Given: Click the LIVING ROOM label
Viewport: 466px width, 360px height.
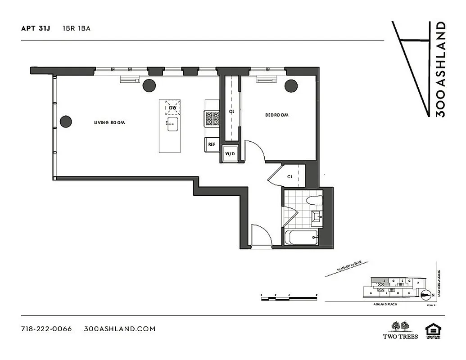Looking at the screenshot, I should point(109,122).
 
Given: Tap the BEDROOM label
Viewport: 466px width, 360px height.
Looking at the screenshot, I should point(276,115).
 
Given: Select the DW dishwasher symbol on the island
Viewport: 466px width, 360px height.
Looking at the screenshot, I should point(172,108).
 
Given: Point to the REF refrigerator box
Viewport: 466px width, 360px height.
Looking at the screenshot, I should point(211,144).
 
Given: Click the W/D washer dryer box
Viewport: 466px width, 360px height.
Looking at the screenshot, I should point(229,154).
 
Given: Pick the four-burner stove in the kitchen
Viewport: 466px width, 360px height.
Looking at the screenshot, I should point(212,118).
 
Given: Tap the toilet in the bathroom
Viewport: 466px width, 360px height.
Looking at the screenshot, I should point(314,201).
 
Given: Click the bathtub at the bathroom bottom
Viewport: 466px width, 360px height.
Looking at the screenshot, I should point(301,237).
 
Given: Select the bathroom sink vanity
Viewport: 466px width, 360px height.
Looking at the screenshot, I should point(317,218).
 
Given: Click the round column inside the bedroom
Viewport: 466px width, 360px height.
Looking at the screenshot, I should point(291,85).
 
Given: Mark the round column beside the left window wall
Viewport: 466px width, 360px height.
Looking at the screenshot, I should point(66,121).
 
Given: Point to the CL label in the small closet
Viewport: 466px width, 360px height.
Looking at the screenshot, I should point(290,177).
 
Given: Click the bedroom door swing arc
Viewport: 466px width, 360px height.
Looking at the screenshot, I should point(255,150).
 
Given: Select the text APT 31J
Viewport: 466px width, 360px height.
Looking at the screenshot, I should point(36,28).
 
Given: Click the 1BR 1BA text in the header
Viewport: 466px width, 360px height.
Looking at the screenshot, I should point(77,28).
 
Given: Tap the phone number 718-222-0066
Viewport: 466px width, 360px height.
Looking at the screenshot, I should point(46,329).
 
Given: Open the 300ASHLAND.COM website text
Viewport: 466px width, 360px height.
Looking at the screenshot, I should point(120,329).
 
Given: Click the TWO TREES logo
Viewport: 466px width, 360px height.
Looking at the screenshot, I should point(400,330).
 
